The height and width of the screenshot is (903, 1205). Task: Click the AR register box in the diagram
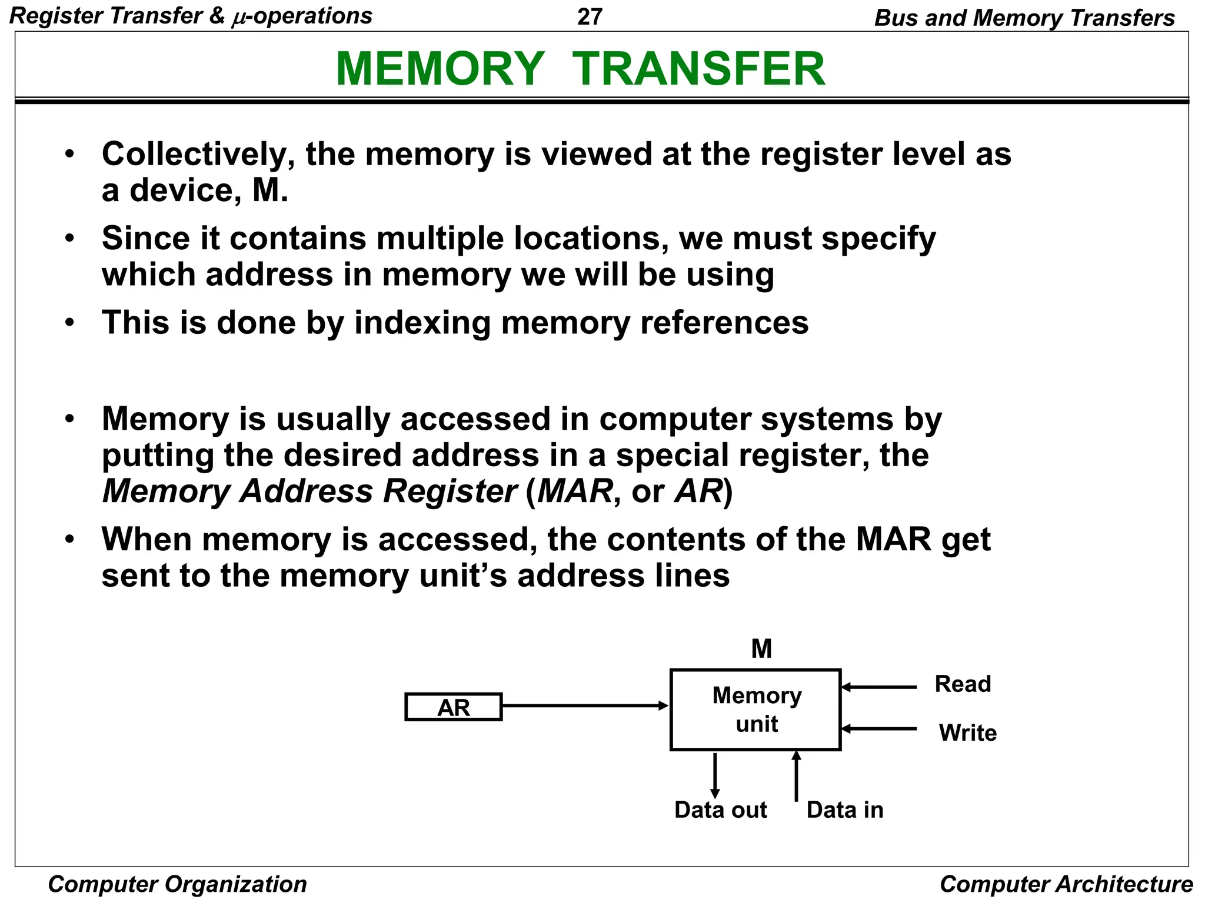tap(453, 707)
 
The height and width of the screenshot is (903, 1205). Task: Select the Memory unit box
tap(755, 710)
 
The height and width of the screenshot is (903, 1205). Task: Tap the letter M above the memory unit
tap(761, 649)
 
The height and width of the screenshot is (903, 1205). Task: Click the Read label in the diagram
tap(963, 684)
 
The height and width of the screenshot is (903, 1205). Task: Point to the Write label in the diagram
tap(967, 733)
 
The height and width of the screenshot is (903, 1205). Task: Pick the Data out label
tap(720, 810)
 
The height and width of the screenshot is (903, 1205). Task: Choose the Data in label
tap(845, 810)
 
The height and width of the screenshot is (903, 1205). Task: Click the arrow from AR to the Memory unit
tap(585, 705)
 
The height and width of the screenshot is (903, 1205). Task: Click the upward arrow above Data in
tap(796, 776)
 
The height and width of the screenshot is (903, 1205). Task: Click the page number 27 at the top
tap(590, 16)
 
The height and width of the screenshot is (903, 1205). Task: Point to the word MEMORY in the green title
tap(440, 69)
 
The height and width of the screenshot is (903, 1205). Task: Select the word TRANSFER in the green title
tap(698, 69)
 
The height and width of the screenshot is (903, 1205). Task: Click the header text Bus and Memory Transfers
tap(1024, 18)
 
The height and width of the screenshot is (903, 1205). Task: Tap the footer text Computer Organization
tap(177, 884)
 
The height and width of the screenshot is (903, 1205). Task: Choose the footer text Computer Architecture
tap(1066, 884)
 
